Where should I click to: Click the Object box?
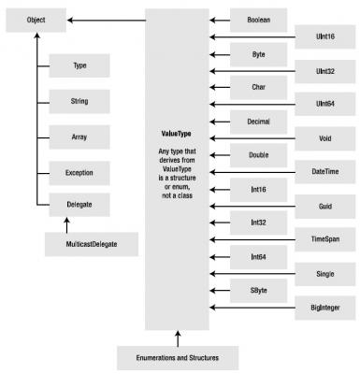point(36,21)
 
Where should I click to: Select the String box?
point(79,101)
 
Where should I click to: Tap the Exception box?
point(79,173)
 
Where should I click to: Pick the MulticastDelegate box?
point(92,244)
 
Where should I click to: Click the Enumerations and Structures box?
point(178,358)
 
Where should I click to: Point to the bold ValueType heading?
point(176,134)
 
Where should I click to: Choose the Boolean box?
point(258,20)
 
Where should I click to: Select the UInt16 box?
point(325,36)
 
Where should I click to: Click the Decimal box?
point(258,122)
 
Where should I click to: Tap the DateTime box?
point(325,172)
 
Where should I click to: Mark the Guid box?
point(325,207)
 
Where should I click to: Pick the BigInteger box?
point(325,308)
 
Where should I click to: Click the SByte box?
point(258,291)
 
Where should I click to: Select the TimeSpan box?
point(325,239)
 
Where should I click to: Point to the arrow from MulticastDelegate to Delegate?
point(66,225)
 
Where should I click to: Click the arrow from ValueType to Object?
point(107,21)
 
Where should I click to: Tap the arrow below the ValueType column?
point(178,338)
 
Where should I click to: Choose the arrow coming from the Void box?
point(252,138)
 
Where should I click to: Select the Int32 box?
point(258,223)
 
